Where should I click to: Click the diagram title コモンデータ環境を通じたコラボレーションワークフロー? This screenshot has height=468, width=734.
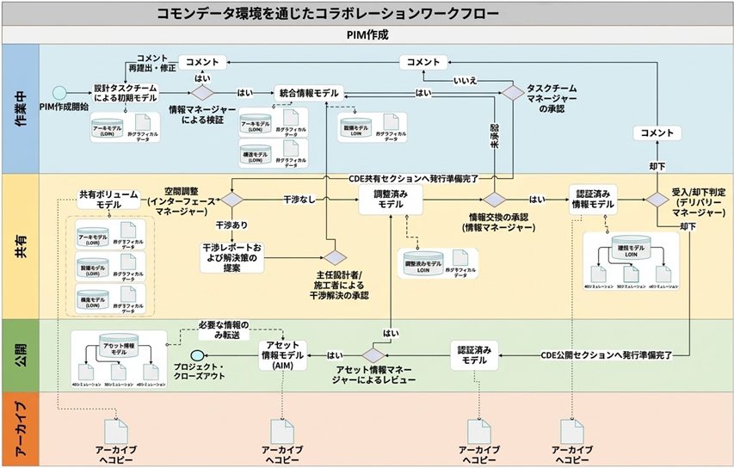point(327,13)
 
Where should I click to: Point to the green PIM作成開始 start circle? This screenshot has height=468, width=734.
point(59,93)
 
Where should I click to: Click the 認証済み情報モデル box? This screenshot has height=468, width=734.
point(591,200)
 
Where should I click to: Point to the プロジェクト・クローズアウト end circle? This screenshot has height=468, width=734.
point(197,355)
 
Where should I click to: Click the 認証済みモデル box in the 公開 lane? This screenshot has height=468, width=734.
point(475,355)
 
